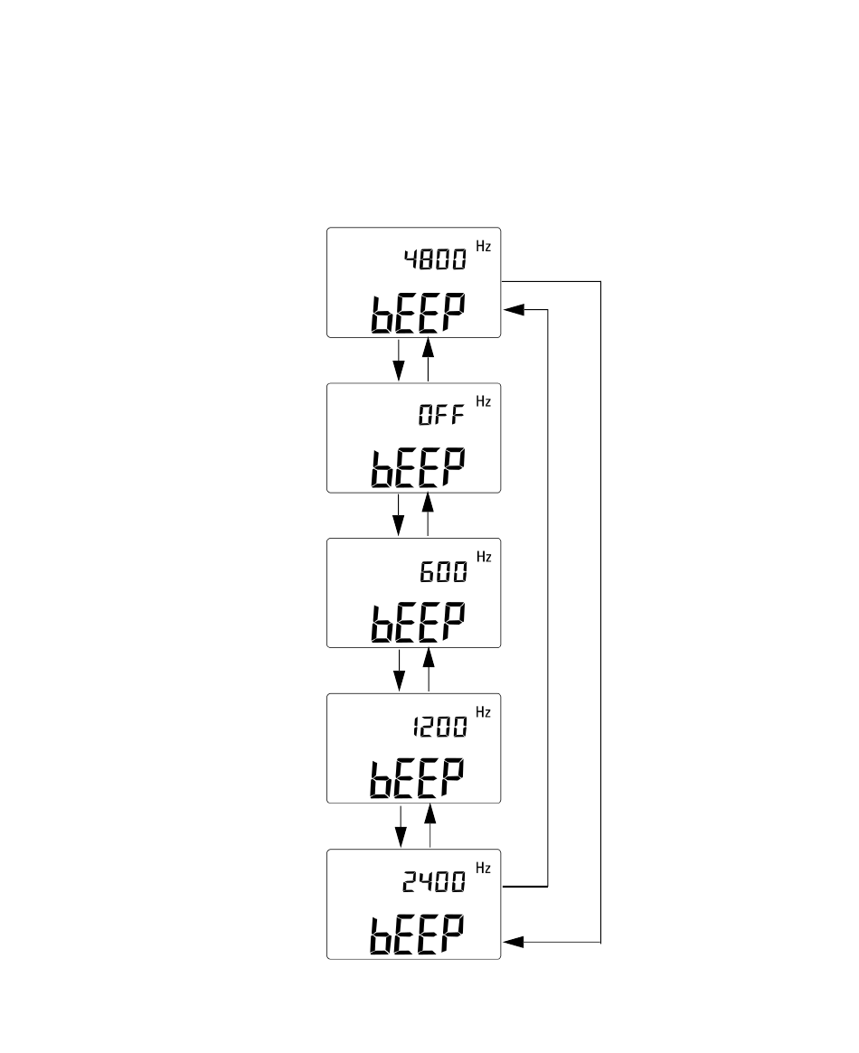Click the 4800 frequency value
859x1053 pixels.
tap(435, 259)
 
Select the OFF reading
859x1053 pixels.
tap(441, 414)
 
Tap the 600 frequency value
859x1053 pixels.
tap(443, 571)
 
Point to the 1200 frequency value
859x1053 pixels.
tap(440, 726)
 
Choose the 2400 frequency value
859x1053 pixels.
tap(434, 881)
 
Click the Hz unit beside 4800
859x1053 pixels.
tap(484, 247)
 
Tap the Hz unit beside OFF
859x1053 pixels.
tap(484, 401)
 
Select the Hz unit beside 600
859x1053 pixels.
tap(485, 557)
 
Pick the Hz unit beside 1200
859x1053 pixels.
tap(484, 712)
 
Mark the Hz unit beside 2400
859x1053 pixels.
tap(484, 868)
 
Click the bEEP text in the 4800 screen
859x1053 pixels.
tap(418, 313)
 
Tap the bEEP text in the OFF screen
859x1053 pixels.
tap(418, 467)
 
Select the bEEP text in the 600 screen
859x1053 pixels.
tap(418, 622)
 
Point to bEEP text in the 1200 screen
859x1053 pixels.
tap(417, 777)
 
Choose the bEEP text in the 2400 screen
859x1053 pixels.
tap(417, 934)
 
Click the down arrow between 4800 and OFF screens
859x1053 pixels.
tap(399, 360)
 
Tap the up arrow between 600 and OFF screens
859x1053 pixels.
tap(428, 514)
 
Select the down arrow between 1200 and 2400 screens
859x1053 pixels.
tap(401, 827)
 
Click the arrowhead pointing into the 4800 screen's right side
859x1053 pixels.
tap(514, 310)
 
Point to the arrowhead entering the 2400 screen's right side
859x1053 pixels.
tap(514, 942)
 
